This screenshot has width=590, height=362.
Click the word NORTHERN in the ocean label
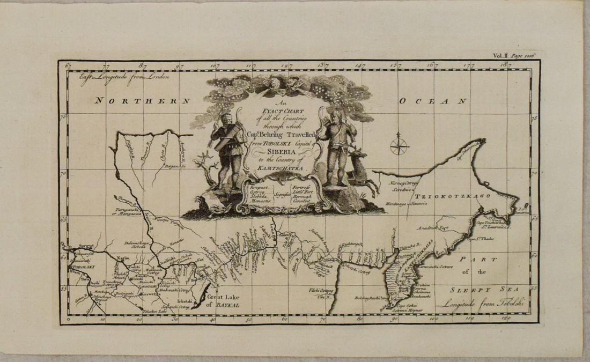142,100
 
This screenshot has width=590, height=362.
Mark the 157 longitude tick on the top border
397,65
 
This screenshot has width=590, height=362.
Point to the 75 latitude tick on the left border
63,116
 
